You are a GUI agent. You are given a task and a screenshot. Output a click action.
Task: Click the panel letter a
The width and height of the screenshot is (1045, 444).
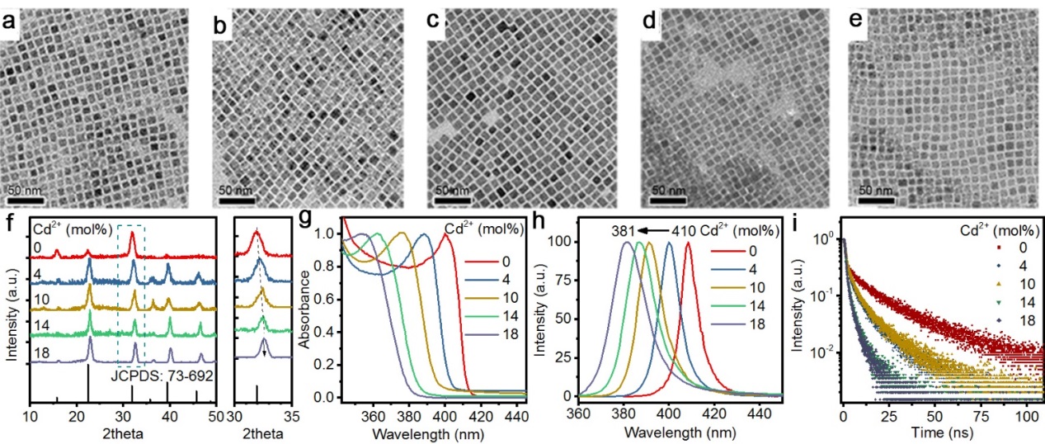click(x=12, y=24)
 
